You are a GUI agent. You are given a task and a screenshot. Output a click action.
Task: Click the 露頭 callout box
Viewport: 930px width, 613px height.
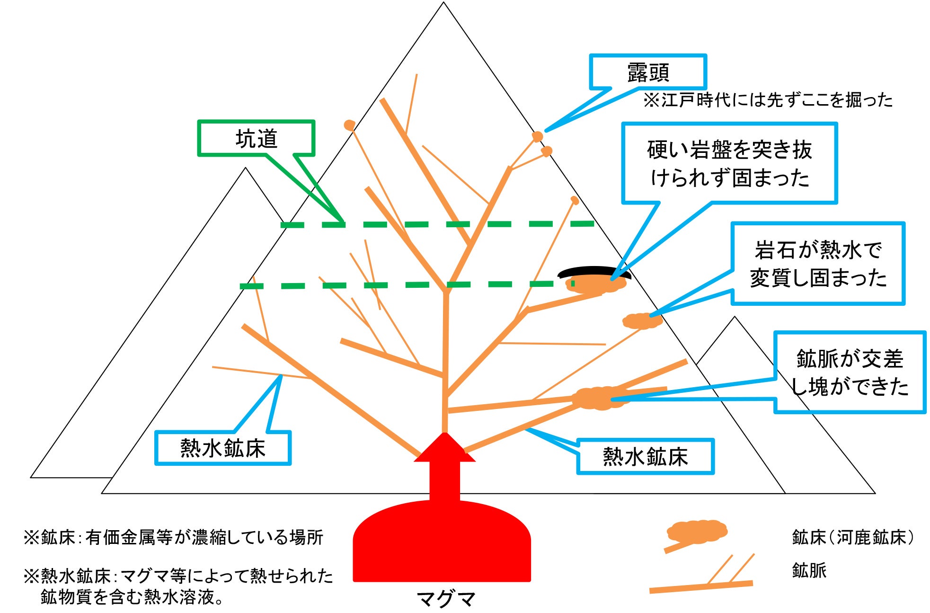[647, 72]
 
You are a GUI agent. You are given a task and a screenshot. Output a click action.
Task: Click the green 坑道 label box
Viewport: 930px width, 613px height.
[256, 138]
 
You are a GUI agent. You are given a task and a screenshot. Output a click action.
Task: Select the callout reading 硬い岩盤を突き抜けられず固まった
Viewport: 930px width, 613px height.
[729, 163]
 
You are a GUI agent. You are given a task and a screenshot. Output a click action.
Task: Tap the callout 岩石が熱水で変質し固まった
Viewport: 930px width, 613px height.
[818, 264]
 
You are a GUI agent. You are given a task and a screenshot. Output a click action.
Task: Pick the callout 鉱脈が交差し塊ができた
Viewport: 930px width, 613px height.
[850, 372]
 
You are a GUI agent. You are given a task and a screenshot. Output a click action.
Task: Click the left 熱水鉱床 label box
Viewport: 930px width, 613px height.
[222, 448]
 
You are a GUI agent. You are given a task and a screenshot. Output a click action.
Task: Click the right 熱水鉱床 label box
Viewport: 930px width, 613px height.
[645, 457]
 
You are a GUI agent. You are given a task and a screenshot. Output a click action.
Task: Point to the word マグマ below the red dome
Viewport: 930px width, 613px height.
[445, 599]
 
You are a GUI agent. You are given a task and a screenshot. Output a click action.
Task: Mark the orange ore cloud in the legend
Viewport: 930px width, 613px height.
[697, 531]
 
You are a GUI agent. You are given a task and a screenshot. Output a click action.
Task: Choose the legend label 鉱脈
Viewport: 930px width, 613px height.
[809, 570]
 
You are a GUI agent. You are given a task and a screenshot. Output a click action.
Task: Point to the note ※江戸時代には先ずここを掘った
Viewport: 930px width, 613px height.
[767, 100]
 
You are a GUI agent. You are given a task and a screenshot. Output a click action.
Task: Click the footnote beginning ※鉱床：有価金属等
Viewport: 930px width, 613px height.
[173, 538]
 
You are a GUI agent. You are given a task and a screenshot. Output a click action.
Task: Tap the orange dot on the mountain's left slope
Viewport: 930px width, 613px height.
[349, 125]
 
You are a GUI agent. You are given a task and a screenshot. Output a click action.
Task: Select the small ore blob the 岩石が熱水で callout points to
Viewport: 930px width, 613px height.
[641, 321]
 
